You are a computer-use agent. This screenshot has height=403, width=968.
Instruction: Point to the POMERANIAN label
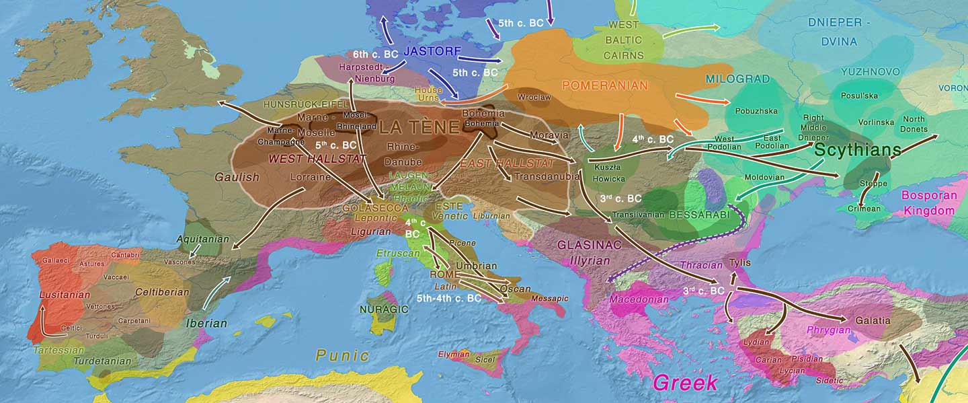coord(604,85)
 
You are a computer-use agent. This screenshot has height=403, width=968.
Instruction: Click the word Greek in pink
coord(685,383)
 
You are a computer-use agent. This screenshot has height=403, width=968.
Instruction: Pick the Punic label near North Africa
coord(342,355)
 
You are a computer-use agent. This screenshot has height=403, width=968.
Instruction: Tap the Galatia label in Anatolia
coord(873,320)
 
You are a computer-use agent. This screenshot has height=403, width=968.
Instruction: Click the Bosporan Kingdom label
coord(928,203)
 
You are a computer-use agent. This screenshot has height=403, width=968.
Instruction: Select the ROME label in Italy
coord(445,274)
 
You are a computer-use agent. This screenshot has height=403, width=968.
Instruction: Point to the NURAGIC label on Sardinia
coord(384,309)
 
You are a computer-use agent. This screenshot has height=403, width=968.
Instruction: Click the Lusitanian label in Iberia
coord(65,295)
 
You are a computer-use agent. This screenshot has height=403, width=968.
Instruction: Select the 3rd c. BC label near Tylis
coord(703,291)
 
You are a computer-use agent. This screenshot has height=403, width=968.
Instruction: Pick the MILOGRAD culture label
coord(737,79)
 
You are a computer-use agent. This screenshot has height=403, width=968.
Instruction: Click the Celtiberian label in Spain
coord(162,292)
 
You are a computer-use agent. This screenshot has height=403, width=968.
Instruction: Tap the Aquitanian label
coord(202,239)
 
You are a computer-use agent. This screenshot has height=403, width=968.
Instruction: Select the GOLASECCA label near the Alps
coord(366,208)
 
